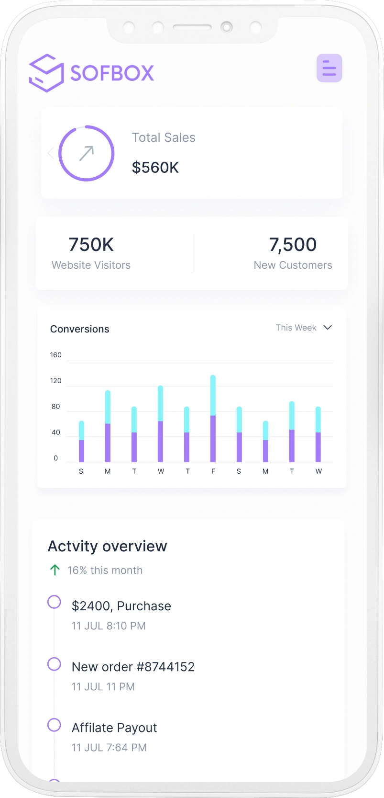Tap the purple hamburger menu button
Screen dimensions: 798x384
[329, 68]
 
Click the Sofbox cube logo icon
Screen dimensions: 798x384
[46, 73]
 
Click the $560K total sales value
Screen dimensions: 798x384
[155, 168]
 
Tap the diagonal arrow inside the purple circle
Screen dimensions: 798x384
[87, 153]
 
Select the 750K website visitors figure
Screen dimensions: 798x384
[91, 245]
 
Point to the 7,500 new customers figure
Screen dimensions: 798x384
[293, 245]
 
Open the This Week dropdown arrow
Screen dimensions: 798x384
[328, 328]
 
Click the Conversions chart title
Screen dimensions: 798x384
[80, 329]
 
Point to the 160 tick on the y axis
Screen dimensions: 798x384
[55, 355]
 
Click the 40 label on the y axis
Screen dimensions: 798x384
[55, 433]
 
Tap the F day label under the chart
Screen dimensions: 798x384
[213, 471]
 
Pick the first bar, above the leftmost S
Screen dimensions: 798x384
[81, 441]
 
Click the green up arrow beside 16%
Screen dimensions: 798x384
[55, 570]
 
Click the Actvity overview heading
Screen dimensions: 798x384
[107, 546]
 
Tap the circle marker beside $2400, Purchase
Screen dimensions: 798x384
[54, 602]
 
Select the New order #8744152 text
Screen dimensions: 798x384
[133, 667]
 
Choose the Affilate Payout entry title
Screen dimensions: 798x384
[114, 728]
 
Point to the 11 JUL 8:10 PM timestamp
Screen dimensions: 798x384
[109, 626]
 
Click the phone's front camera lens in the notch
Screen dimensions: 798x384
[227, 27]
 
